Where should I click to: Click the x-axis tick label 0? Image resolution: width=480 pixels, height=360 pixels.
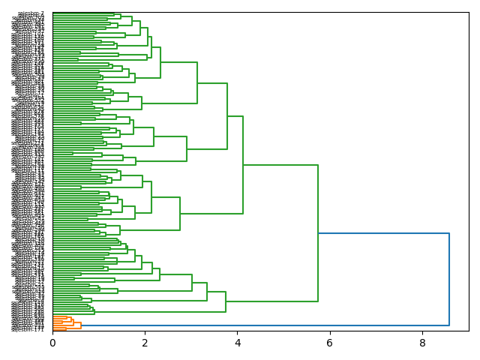(x=52, y=342)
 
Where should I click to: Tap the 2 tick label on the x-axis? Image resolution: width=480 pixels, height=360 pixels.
(x=145, y=342)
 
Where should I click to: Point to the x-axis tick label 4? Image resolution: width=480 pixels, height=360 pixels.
(x=237, y=342)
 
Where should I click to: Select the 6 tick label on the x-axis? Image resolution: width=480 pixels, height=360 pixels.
(x=330, y=342)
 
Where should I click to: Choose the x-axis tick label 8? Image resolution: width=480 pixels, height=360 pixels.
(x=422, y=342)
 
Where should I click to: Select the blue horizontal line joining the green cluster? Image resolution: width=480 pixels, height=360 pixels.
(x=383, y=234)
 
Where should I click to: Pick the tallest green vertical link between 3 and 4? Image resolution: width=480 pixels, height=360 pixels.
(x=227, y=115)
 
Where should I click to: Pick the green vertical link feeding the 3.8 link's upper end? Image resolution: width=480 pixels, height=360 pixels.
(x=197, y=82)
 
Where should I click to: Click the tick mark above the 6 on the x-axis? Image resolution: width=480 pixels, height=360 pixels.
(x=330, y=333)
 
